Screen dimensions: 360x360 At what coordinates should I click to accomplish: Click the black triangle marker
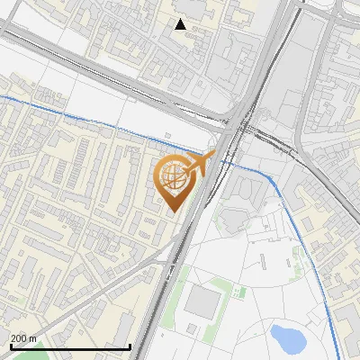(181, 24)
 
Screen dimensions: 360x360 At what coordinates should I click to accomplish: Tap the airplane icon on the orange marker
(200, 164)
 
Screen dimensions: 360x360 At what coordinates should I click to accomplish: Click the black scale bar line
(70, 346)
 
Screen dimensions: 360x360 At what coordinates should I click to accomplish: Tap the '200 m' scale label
(23, 338)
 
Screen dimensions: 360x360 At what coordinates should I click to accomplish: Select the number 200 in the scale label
(19, 338)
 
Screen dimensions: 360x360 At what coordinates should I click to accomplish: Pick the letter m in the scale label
(32, 338)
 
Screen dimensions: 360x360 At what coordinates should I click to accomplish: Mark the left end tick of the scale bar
(10, 345)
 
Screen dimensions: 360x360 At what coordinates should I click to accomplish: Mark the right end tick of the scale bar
(130, 345)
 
